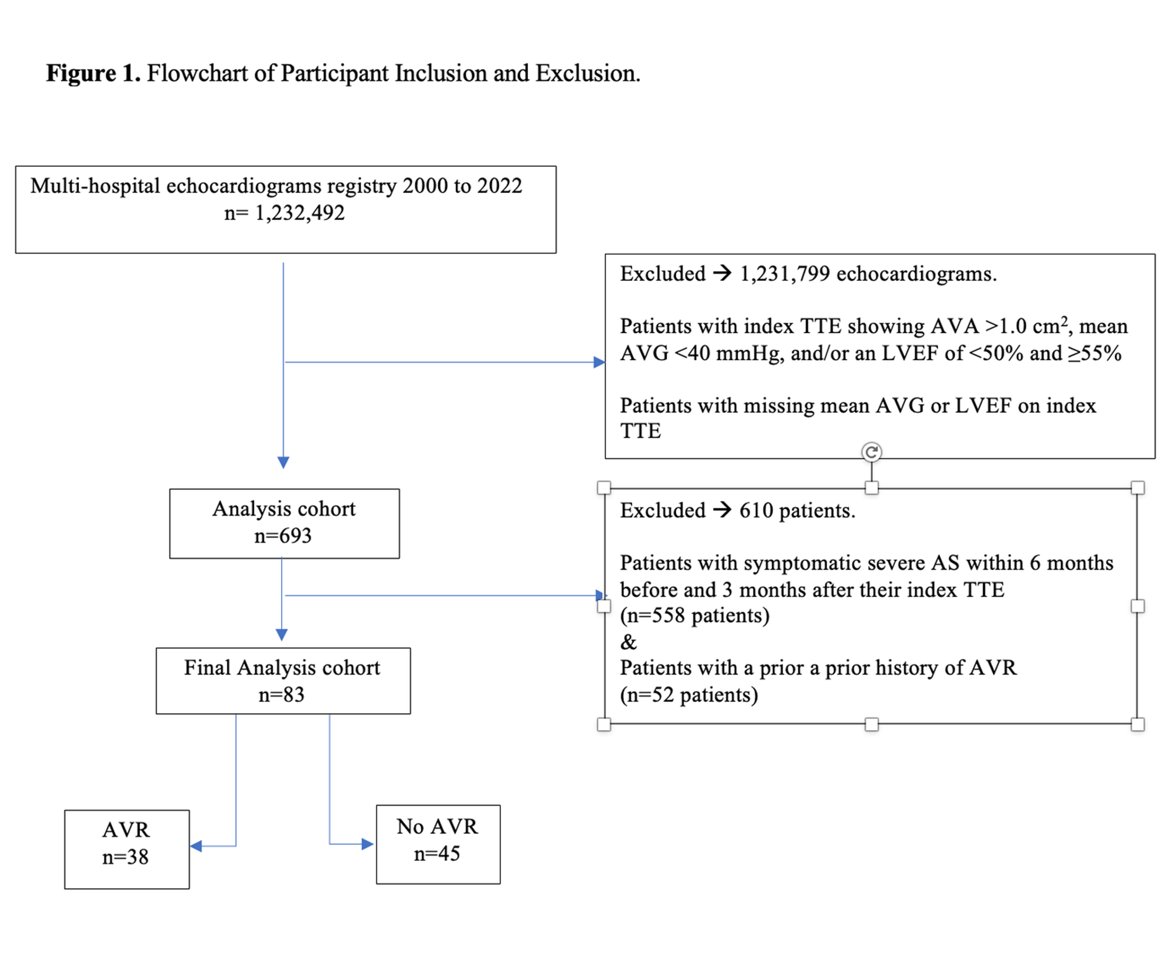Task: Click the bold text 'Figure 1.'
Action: coord(92,73)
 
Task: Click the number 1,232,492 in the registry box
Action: coord(299,213)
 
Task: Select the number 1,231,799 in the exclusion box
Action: coord(784,274)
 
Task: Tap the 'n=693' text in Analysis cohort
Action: coord(283,536)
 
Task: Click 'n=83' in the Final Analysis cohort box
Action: coord(281,694)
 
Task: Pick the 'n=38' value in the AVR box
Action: coord(125,857)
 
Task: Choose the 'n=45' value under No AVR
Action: coord(437,854)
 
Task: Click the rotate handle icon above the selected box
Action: coord(871,453)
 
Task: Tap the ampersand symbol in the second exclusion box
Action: coord(629,642)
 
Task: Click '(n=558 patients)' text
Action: coord(694,616)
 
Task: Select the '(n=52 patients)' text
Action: coord(689,695)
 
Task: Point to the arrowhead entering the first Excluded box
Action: coord(599,362)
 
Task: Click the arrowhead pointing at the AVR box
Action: coord(196,846)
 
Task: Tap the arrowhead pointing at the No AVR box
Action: coord(367,844)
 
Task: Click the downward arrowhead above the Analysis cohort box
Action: coord(283,463)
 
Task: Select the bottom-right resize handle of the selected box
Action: coord(1138,724)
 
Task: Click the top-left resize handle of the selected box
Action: coord(604,487)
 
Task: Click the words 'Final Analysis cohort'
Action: coord(282,668)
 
